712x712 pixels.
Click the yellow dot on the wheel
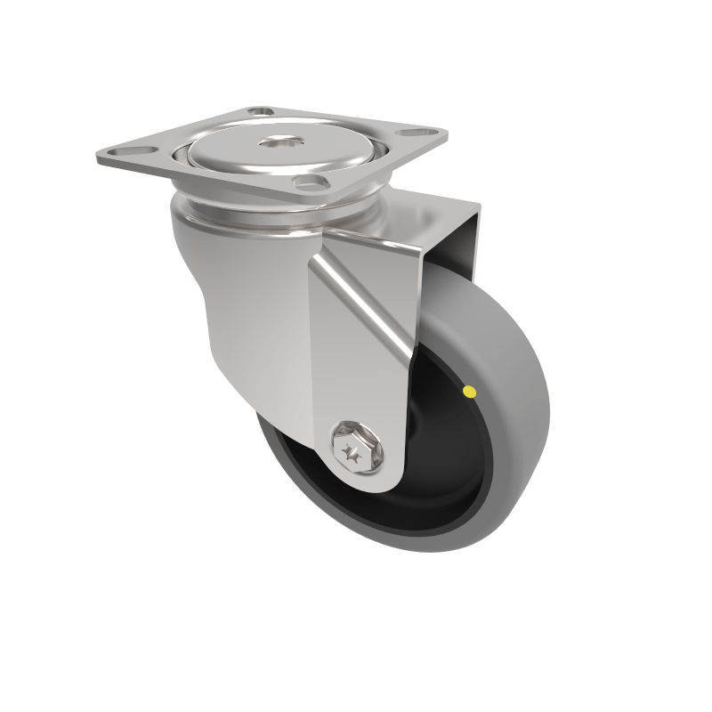(x=470, y=391)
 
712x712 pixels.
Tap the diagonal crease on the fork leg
(x=365, y=303)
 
